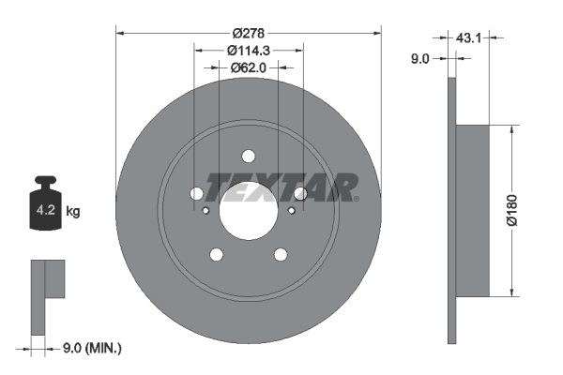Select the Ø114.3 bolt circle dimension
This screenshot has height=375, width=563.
[x=248, y=50]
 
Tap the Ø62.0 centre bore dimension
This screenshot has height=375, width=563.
[x=249, y=67]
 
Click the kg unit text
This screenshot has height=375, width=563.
[x=73, y=212]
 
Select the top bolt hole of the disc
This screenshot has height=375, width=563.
[x=249, y=157]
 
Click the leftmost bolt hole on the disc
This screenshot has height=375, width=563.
[x=197, y=194]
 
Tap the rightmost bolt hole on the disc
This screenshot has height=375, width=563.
[x=300, y=194]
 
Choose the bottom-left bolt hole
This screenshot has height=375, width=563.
[x=217, y=254]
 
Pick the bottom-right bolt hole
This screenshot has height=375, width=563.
[x=281, y=254]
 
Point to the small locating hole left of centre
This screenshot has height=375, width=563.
[x=206, y=210]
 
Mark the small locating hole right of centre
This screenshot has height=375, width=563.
[x=291, y=210]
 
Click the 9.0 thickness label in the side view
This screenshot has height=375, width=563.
[x=420, y=58]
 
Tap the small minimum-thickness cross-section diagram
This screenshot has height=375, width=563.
[x=47, y=294]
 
